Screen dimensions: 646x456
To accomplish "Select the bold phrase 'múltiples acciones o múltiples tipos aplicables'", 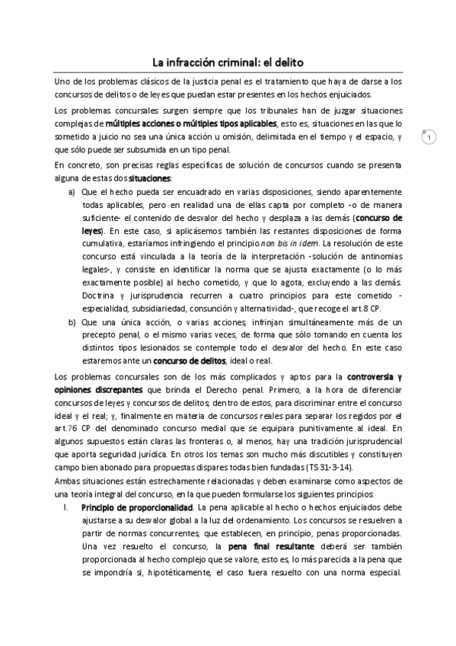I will (x=191, y=123).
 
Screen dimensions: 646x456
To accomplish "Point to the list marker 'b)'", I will (x=72, y=322).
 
